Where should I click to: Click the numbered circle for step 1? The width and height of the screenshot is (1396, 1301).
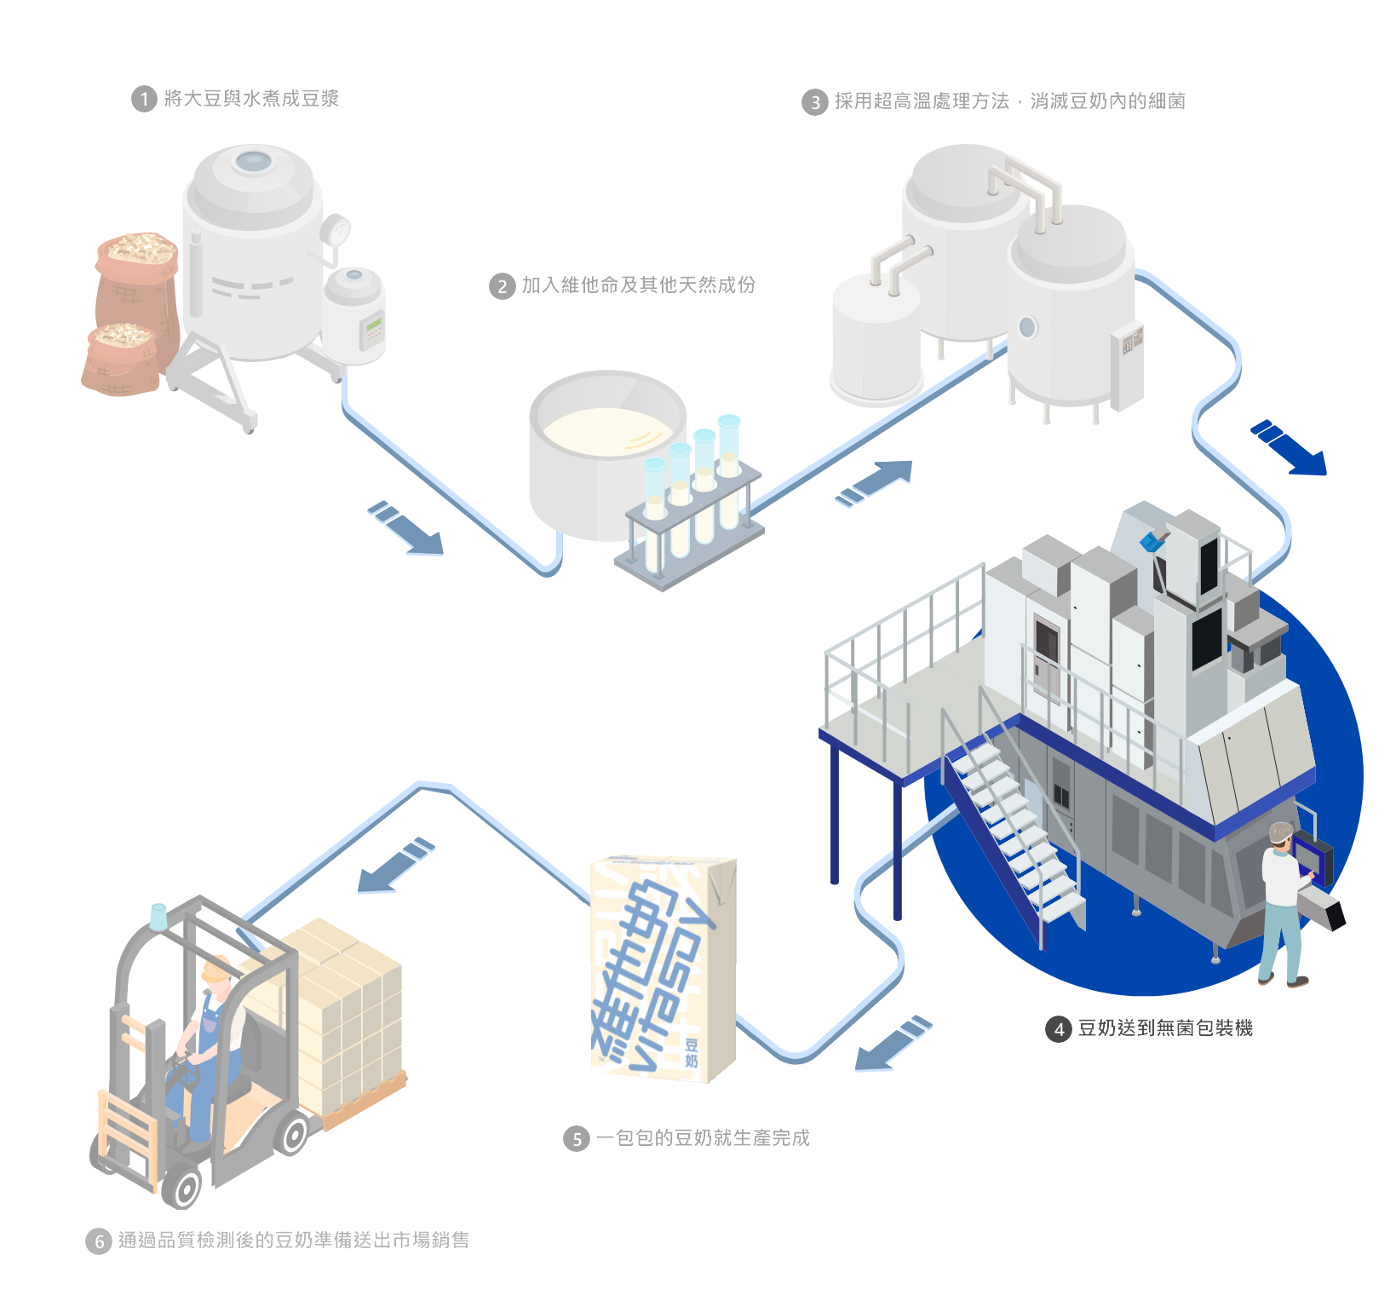(x=144, y=100)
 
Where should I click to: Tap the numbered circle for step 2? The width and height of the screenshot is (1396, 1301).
(x=503, y=286)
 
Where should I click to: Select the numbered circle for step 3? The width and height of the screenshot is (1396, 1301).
(x=815, y=103)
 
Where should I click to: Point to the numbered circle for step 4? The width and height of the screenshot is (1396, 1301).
(x=1059, y=1029)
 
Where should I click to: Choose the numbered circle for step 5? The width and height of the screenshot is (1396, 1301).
(x=577, y=1139)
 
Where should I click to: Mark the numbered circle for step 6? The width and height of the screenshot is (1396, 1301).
(x=99, y=1241)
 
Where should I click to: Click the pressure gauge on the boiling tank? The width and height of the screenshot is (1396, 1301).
(x=337, y=229)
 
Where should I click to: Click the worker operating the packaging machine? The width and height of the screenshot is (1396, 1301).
(x=1280, y=903)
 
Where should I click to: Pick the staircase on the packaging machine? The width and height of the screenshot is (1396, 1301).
(x=1014, y=826)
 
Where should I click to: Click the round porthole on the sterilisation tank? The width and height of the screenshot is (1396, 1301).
(x=1027, y=326)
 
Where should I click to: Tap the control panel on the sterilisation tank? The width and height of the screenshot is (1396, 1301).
(x=1131, y=341)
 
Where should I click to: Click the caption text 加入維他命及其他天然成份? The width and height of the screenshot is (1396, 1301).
(x=638, y=285)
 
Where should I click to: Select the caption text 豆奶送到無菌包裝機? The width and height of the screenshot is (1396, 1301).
(x=1164, y=1028)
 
